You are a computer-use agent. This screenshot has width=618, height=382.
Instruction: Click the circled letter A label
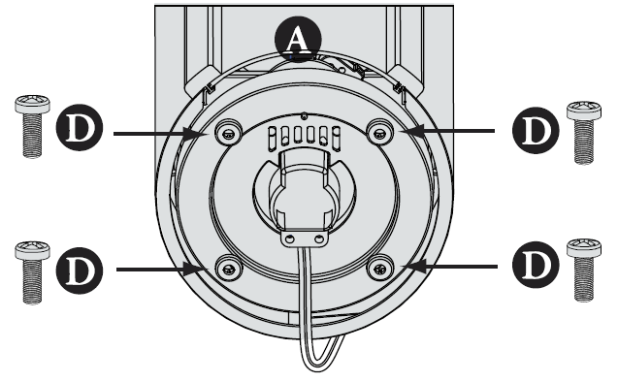(x=296, y=40)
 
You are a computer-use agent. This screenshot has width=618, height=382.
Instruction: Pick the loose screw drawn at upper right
(x=581, y=129)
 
